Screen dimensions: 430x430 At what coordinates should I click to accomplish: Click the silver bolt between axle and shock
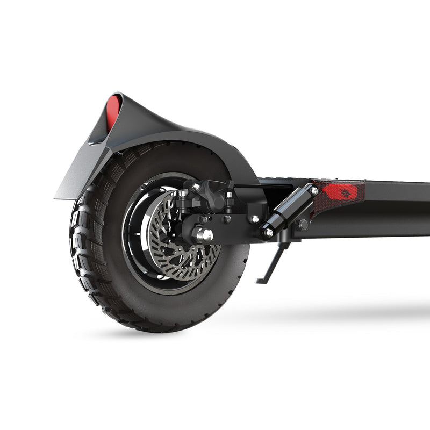pyautogui.click(x=254, y=219)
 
